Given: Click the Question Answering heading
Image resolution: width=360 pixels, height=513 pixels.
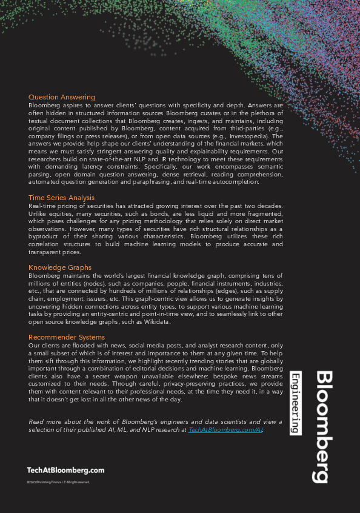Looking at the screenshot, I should pos(62,97).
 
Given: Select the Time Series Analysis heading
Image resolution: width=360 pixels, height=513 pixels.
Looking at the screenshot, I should pos(61,198).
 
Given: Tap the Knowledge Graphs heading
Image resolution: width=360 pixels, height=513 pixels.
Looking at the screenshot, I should pos(60,267).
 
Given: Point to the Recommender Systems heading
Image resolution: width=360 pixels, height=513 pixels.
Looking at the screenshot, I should pos(67,337).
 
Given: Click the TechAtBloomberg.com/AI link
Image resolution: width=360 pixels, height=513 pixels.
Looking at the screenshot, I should pos(225,429).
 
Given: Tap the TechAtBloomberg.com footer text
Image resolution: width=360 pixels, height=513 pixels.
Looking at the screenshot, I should pos(65,470).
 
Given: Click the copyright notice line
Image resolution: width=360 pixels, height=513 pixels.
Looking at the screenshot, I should pos(58,482).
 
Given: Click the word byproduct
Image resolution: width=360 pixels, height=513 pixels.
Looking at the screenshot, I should pos(45,237).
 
